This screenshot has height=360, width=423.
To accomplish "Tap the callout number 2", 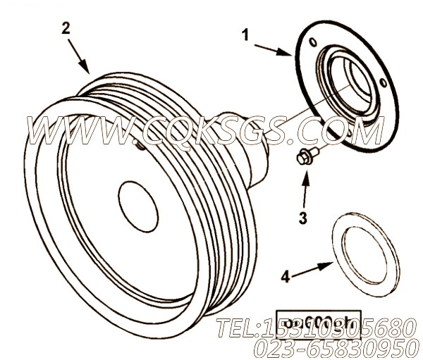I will (x=66, y=28).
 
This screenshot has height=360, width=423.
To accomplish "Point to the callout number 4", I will (x=285, y=277).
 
